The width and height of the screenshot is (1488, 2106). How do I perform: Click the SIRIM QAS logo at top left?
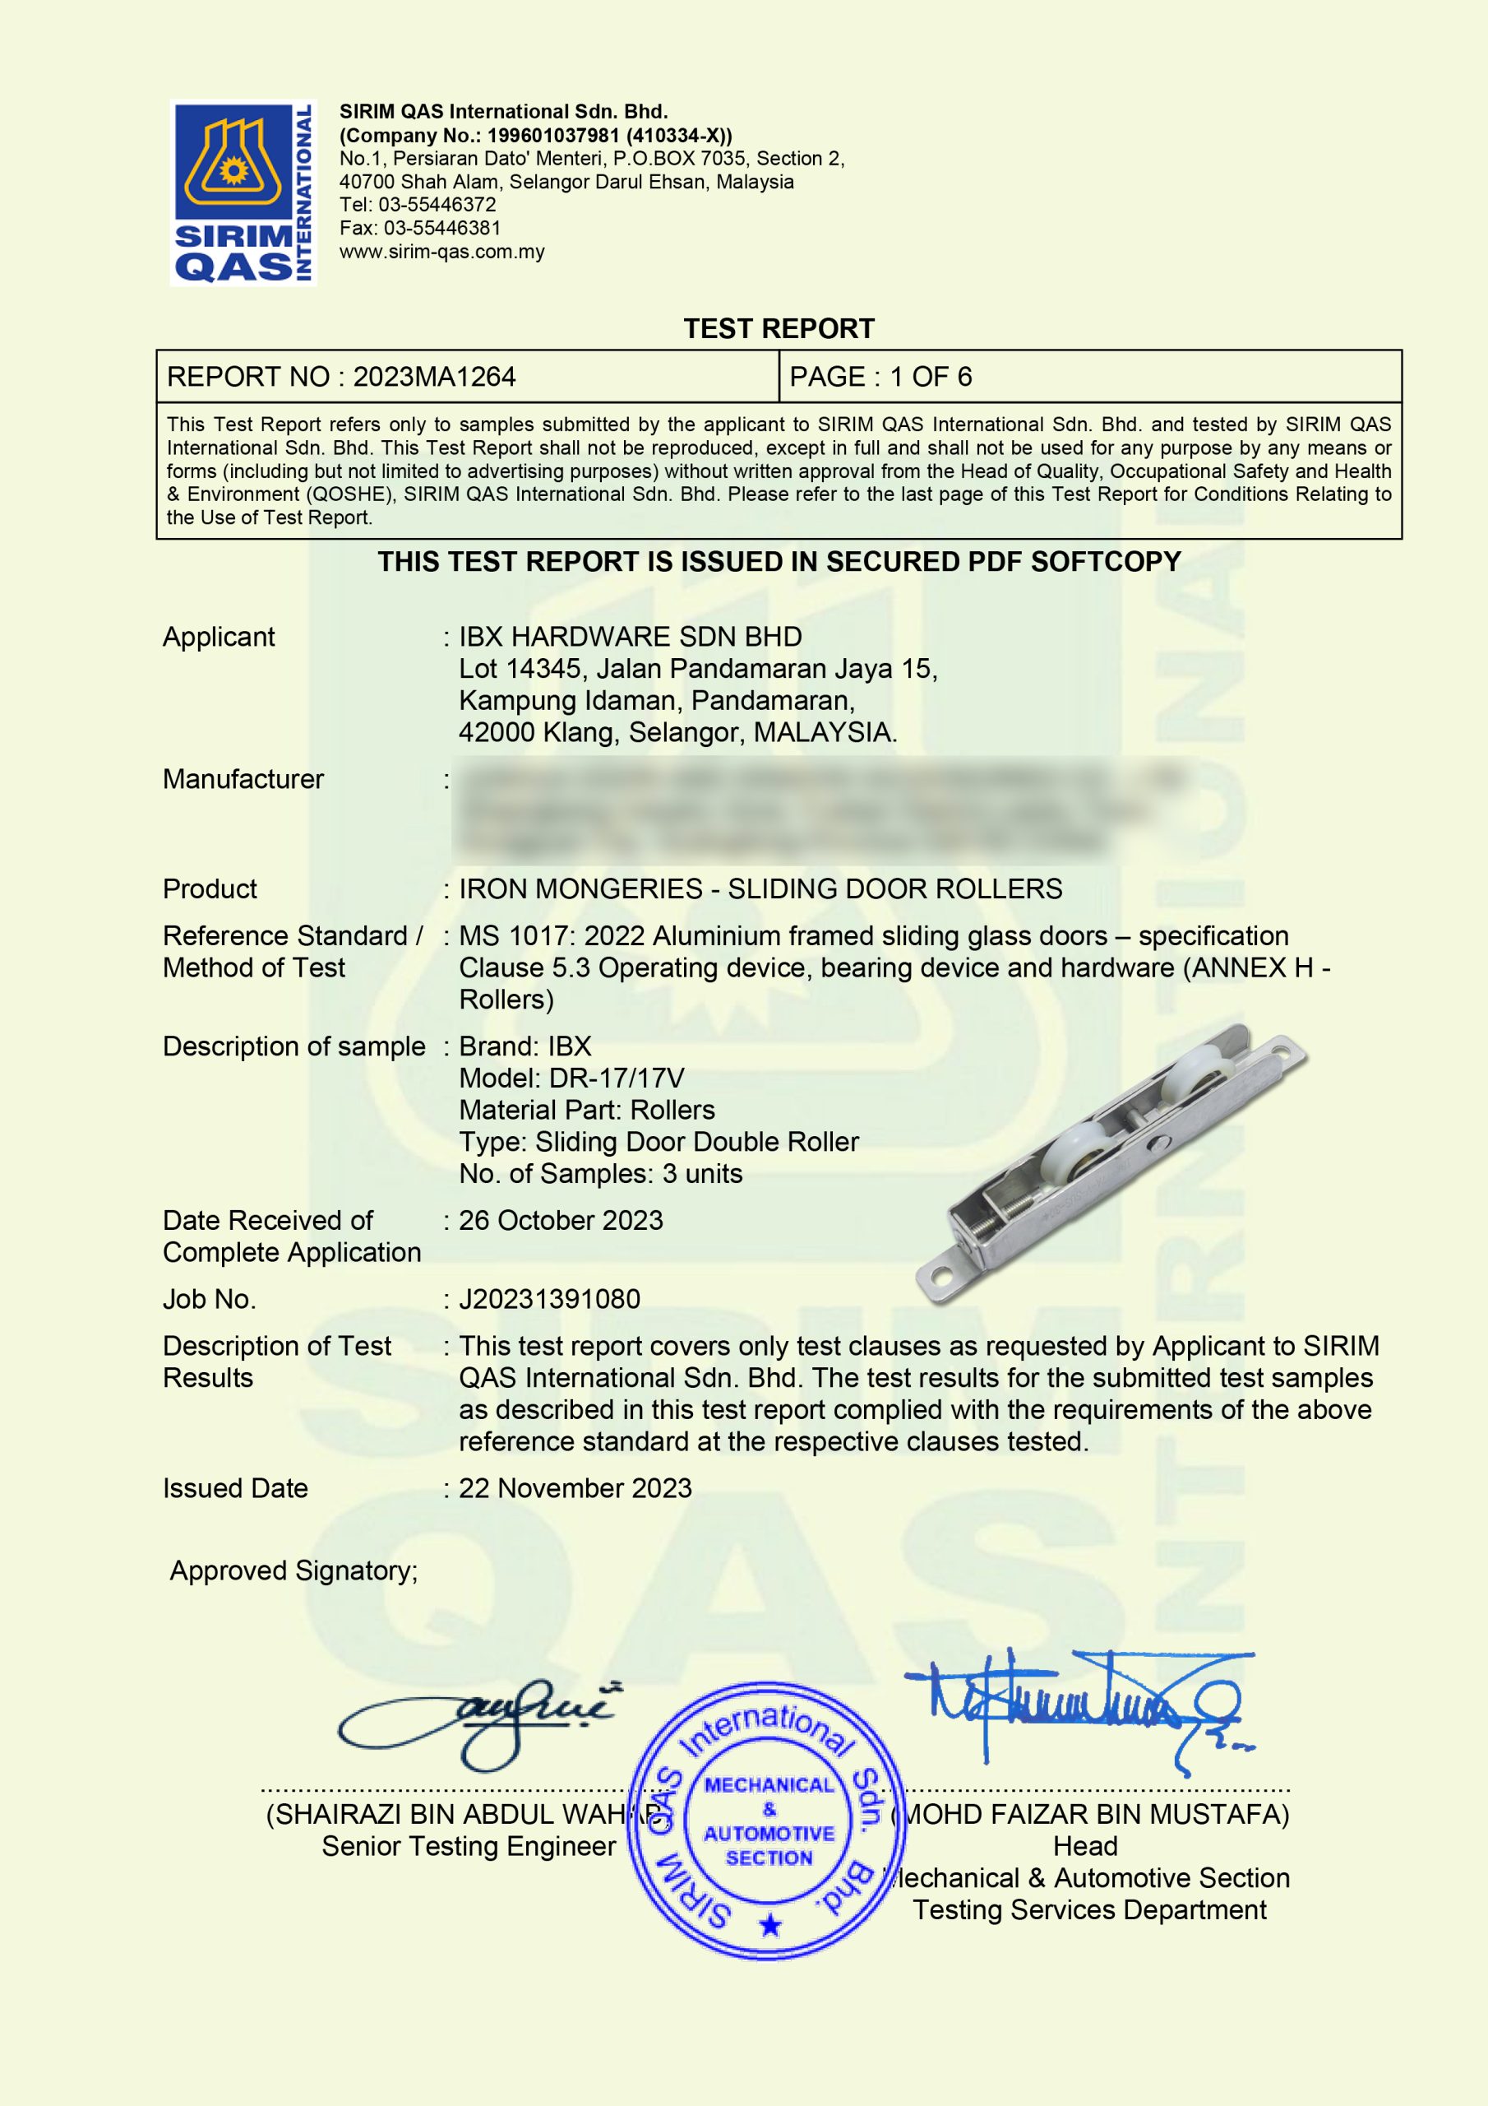pos(243,193)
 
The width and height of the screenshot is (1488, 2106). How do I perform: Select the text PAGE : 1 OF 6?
pos(880,377)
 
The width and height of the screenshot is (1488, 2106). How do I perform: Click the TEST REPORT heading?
pos(779,328)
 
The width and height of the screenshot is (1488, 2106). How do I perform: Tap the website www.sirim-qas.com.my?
pos(442,252)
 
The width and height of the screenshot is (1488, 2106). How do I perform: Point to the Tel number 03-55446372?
pos(437,205)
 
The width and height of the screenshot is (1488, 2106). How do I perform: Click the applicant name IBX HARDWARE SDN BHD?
pos(630,637)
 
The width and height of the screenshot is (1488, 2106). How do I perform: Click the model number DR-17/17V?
pos(616,1078)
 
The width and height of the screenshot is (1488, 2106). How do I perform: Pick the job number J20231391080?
pos(549,1299)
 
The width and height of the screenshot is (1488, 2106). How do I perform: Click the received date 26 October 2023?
pos(560,1220)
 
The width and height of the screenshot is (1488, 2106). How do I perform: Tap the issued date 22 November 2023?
pos(575,1488)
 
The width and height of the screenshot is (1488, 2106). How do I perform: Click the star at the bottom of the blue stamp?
pos(770,1924)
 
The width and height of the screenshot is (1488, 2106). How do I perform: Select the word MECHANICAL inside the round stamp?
pos(769,1785)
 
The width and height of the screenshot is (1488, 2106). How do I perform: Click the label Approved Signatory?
pos(293,1571)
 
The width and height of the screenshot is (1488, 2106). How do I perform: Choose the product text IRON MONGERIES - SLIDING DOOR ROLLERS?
pos(760,888)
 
